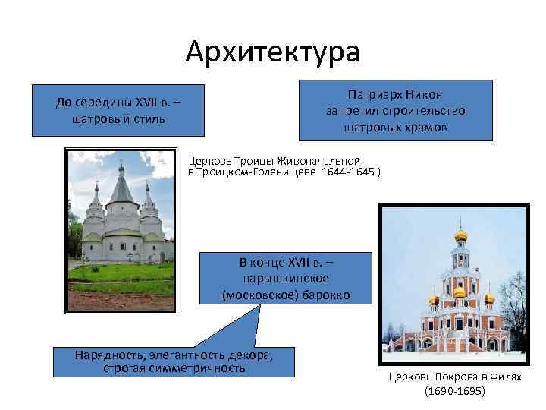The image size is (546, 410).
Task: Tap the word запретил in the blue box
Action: point(351,112)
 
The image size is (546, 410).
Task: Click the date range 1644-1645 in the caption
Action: point(347,172)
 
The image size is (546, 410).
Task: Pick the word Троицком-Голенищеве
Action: point(257,172)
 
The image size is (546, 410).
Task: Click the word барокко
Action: point(325,294)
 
